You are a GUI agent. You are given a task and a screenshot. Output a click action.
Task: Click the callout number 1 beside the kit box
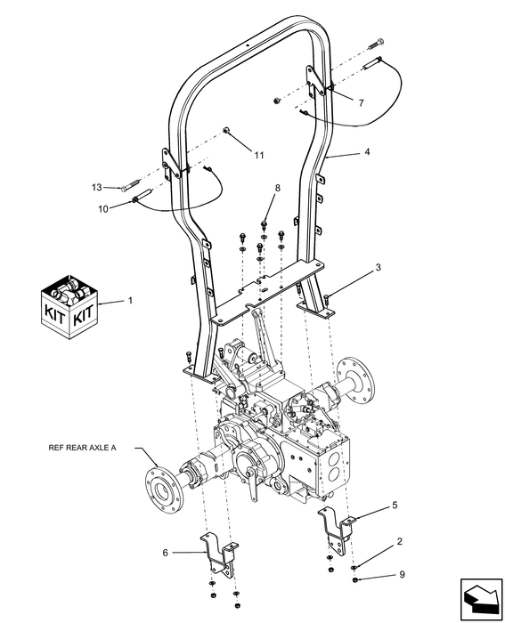(130, 301)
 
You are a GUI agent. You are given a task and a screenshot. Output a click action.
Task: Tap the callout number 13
(96, 187)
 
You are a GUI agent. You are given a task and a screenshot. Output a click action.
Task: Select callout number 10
(103, 209)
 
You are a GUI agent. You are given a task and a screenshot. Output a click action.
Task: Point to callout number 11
(259, 156)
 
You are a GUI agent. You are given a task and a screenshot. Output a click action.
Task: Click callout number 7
(361, 103)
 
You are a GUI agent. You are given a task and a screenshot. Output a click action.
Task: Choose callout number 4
(367, 152)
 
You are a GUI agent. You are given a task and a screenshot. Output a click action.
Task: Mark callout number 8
(277, 188)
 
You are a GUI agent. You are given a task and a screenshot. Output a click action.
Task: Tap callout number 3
(379, 267)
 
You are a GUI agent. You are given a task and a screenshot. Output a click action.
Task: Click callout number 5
(395, 505)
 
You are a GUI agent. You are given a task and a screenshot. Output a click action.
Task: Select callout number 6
(166, 553)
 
